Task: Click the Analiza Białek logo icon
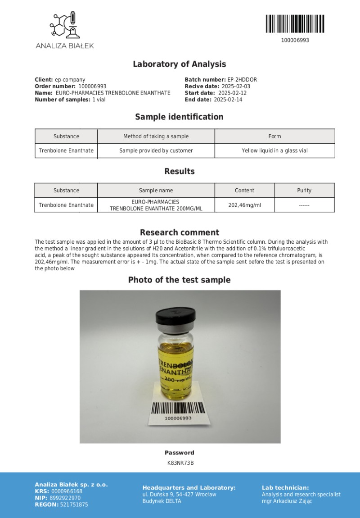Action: (65, 26)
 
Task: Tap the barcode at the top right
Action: (295, 24)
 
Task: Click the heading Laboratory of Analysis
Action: (179, 64)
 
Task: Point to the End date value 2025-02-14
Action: (228, 100)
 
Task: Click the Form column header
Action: (274, 136)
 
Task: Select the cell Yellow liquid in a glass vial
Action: (274, 150)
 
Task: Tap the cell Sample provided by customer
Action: (156, 150)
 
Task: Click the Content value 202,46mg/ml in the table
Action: (244, 205)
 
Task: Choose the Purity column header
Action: (304, 191)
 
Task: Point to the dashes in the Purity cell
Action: (304, 205)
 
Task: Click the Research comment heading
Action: (179, 232)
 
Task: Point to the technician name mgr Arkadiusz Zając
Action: (287, 501)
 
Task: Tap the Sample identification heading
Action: (179, 117)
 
